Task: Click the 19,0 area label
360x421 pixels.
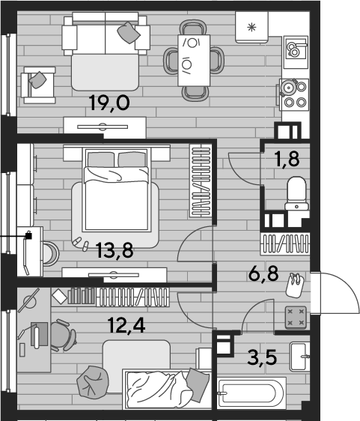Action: (110, 103)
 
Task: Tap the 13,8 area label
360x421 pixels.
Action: (115, 250)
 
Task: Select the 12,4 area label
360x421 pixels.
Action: (126, 325)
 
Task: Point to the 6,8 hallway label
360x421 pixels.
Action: (263, 273)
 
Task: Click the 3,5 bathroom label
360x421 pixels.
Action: (262, 357)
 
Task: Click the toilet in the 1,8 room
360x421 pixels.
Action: (296, 193)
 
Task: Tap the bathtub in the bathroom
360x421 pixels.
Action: (251, 393)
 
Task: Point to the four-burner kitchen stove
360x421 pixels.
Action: (293, 94)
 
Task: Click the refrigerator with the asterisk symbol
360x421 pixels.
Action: (251, 27)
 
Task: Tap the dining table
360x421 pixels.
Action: (194, 61)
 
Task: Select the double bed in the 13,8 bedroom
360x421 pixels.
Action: (117, 189)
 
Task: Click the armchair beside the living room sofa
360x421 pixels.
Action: (38, 85)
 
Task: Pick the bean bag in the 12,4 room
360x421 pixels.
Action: (93, 381)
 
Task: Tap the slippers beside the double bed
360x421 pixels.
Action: (81, 243)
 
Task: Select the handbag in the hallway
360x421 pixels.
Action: (295, 285)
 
